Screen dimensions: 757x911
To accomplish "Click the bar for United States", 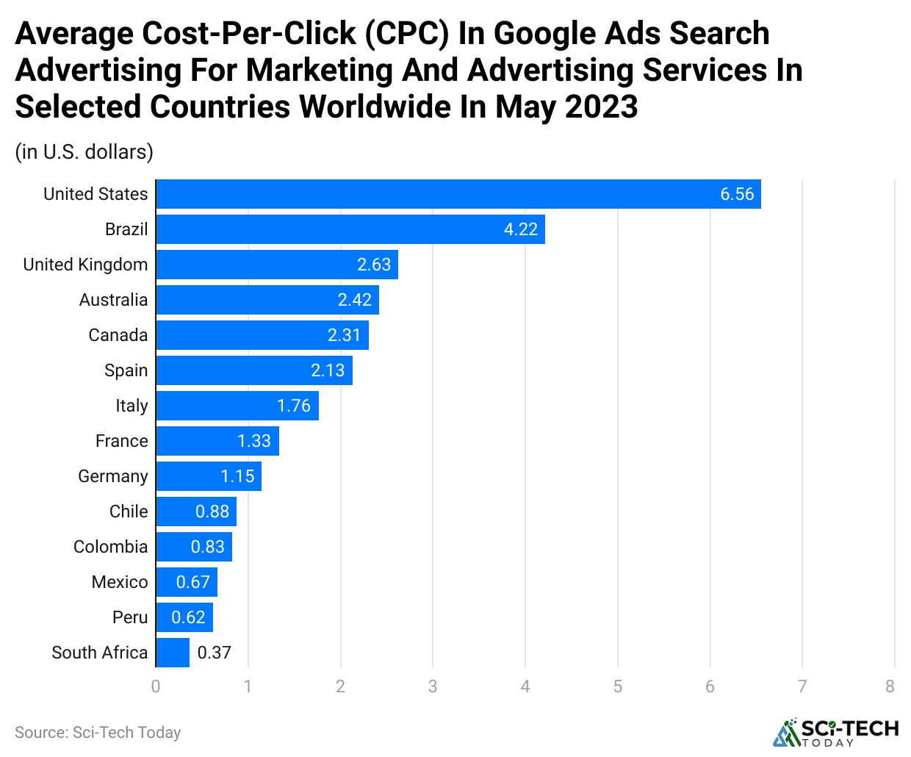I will click(x=458, y=194).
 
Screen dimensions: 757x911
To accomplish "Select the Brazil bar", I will click(x=350, y=229).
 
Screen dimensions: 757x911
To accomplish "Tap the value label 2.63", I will click(x=374, y=265).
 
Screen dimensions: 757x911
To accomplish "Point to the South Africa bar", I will click(x=173, y=653).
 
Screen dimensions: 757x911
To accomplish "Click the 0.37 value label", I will click(x=215, y=653).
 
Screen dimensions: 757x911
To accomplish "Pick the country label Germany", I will click(x=113, y=476).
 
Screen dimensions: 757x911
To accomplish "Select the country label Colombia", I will click(x=111, y=547).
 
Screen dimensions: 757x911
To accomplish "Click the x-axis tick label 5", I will click(x=618, y=686).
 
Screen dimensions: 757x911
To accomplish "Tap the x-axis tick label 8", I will click(x=890, y=686).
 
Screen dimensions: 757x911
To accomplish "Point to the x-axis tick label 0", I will click(x=156, y=686).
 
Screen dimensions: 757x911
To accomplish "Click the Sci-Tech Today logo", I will click(x=836, y=732).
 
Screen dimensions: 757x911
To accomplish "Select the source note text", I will click(x=98, y=733).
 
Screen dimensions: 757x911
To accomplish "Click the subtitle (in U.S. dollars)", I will click(x=84, y=152).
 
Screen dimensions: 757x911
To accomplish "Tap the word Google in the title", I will click(x=539, y=34).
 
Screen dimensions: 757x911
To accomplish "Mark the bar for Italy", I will click(x=237, y=406).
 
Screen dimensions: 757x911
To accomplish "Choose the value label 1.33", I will click(x=254, y=441).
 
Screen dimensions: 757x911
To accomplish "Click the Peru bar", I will click(x=184, y=617).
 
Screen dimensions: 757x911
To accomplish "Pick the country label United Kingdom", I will click(x=85, y=265).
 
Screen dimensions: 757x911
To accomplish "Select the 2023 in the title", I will click(x=602, y=107).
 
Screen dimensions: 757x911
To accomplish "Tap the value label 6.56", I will click(x=737, y=194).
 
